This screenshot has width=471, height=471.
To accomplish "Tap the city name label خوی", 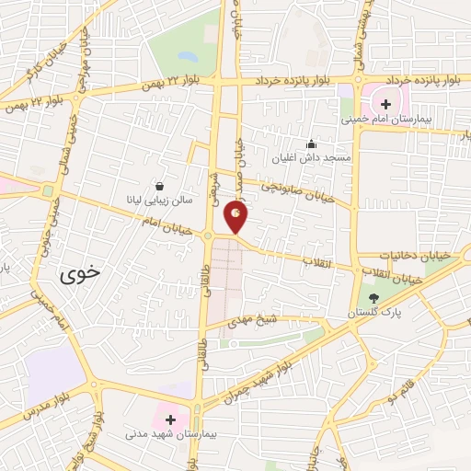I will (81, 273).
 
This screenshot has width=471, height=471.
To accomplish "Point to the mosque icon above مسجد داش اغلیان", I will (311, 144).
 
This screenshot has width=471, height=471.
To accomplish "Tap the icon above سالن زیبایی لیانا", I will (160, 184).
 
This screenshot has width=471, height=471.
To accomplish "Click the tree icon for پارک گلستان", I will (373, 298).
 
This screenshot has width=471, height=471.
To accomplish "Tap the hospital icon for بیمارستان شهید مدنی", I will (169, 419).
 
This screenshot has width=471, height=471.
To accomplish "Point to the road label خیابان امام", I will (165, 222).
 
